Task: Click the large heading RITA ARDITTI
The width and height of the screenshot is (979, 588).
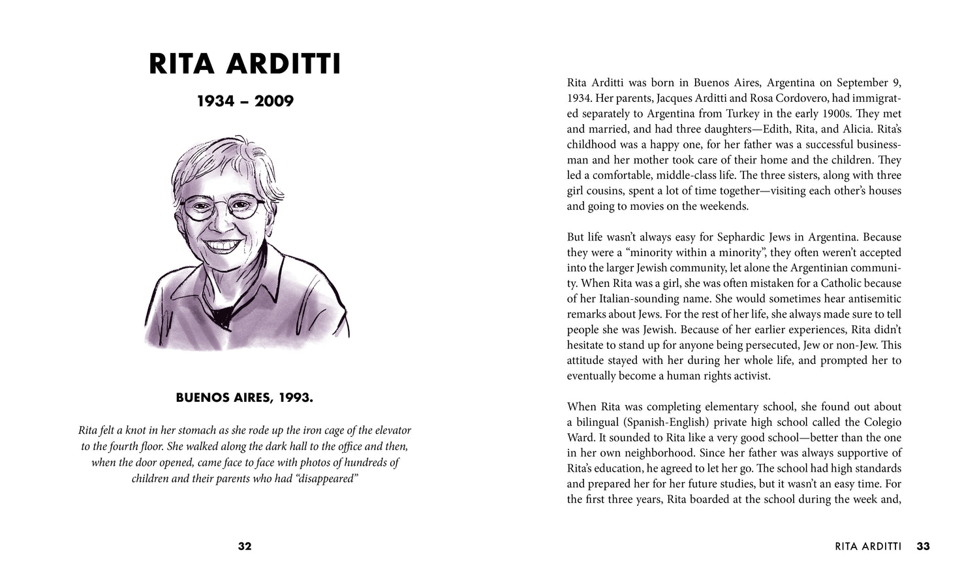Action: point(245,65)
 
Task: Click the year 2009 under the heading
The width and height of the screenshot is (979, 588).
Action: point(274,101)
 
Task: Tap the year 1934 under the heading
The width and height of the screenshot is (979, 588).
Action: point(216,101)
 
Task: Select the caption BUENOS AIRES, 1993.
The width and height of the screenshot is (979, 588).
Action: point(245,397)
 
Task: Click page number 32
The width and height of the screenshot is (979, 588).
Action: point(245,546)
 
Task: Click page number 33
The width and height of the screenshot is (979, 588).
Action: point(923,546)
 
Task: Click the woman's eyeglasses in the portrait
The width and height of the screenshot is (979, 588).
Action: point(223,208)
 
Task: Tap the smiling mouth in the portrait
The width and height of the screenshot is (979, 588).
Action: point(222,245)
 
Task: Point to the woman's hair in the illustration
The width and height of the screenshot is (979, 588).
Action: point(215,163)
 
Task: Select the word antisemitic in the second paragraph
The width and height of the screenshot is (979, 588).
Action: point(871,299)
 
